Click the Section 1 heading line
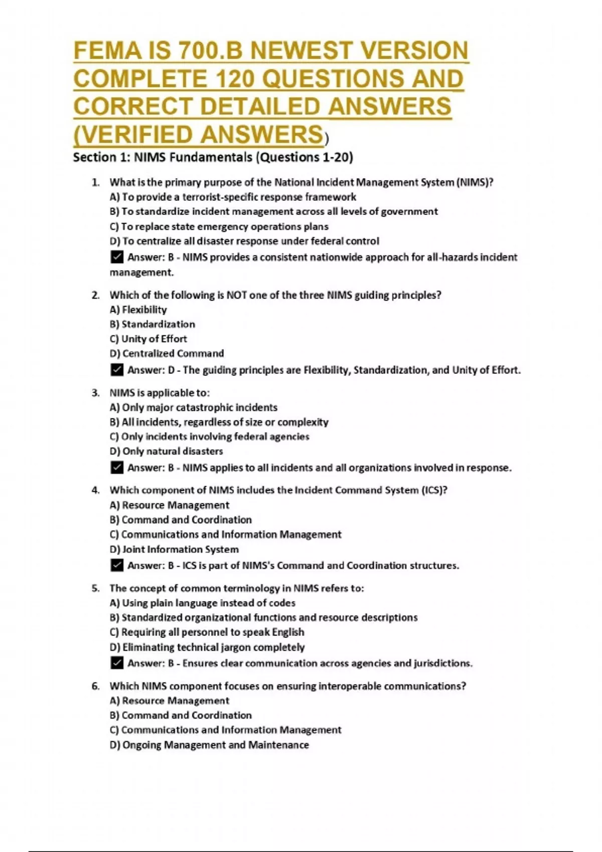pos(213,157)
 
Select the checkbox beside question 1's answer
pos(116,257)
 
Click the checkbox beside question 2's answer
pos(116,370)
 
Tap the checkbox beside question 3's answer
pos(116,468)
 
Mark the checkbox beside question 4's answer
pos(116,565)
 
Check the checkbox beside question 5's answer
pos(116,663)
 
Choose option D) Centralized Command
pos(167,353)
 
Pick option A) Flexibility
pos(138,310)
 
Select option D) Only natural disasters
pos(166,451)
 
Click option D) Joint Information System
pos(174,549)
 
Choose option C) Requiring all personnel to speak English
pos(207,632)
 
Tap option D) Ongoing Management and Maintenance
pos(209,745)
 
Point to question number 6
pos(95,686)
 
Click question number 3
pos(95,393)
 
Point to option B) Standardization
pos(153,324)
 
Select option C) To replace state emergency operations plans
pos(219,227)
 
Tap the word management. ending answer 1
pos(141,273)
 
